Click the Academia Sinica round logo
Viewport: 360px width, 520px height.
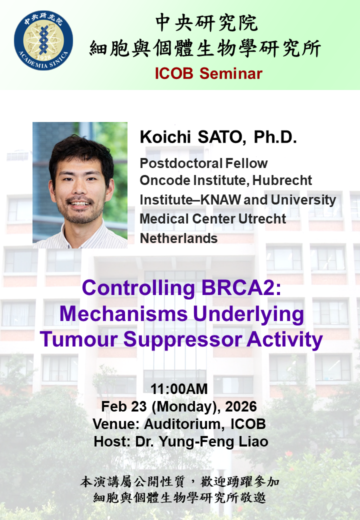[x=43, y=40]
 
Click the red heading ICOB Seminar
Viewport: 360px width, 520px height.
[x=208, y=73]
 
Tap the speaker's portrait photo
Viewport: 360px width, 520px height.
[x=80, y=185]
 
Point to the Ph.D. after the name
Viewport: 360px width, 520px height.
[x=275, y=137]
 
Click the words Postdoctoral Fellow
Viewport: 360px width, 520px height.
[x=203, y=163]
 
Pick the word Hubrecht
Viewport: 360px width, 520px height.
[x=282, y=180]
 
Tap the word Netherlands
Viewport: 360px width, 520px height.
[x=178, y=238]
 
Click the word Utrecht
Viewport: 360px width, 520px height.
[x=262, y=219]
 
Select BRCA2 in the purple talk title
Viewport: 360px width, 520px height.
[x=241, y=287]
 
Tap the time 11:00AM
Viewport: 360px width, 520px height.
[x=179, y=388]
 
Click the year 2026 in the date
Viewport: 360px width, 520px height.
[x=240, y=406]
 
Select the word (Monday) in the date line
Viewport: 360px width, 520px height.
[x=186, y=406]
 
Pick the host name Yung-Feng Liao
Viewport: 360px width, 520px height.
[x=213, y=441]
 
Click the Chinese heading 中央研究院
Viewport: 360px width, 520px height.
[x=206, y=22]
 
